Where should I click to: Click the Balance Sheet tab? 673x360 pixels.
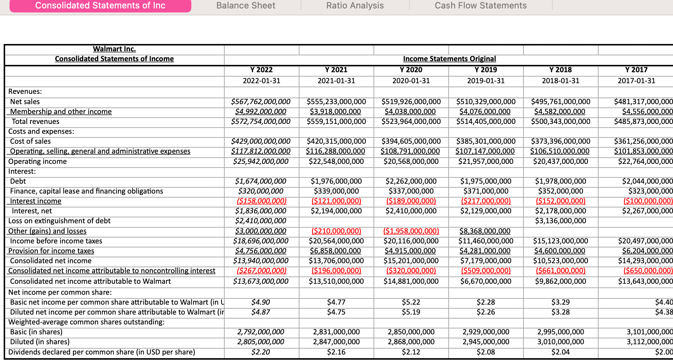pos(246,5)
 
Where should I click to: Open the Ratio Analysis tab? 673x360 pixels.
pos(355,5)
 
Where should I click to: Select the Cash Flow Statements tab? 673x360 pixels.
pos(481,5)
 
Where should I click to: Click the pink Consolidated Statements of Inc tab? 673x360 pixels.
pos(100,5)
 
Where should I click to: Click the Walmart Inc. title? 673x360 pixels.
pos(114,49)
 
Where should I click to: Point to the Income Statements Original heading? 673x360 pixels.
pos(449,59)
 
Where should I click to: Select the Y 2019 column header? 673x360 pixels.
pos(485,70)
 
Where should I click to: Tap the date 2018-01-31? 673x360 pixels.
pos(560,81)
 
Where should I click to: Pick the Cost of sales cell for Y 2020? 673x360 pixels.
pos(411,141)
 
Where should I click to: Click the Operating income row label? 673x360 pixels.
pos(37,161)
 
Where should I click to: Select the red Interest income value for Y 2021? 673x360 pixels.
pos(336,201)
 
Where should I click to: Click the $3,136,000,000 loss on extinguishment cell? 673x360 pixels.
pos(560,221)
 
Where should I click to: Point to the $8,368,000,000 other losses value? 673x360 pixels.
pos(485,231)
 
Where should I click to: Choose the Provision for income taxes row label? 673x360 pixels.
pos(51,251)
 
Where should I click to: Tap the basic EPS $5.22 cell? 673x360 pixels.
pos(411,302)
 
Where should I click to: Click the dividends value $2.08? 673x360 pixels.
pos(485,352)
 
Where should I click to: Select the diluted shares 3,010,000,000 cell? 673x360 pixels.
pos(560,342)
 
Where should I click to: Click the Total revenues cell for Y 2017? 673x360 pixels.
pos(643,121)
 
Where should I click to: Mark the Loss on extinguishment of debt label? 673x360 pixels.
pos(59,221)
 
